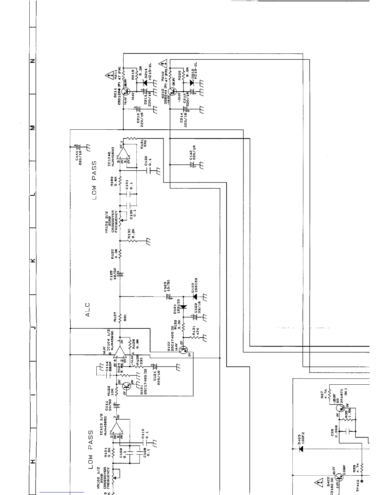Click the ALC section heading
click(x=88, y=309)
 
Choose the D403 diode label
click(x=301, y=438)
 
